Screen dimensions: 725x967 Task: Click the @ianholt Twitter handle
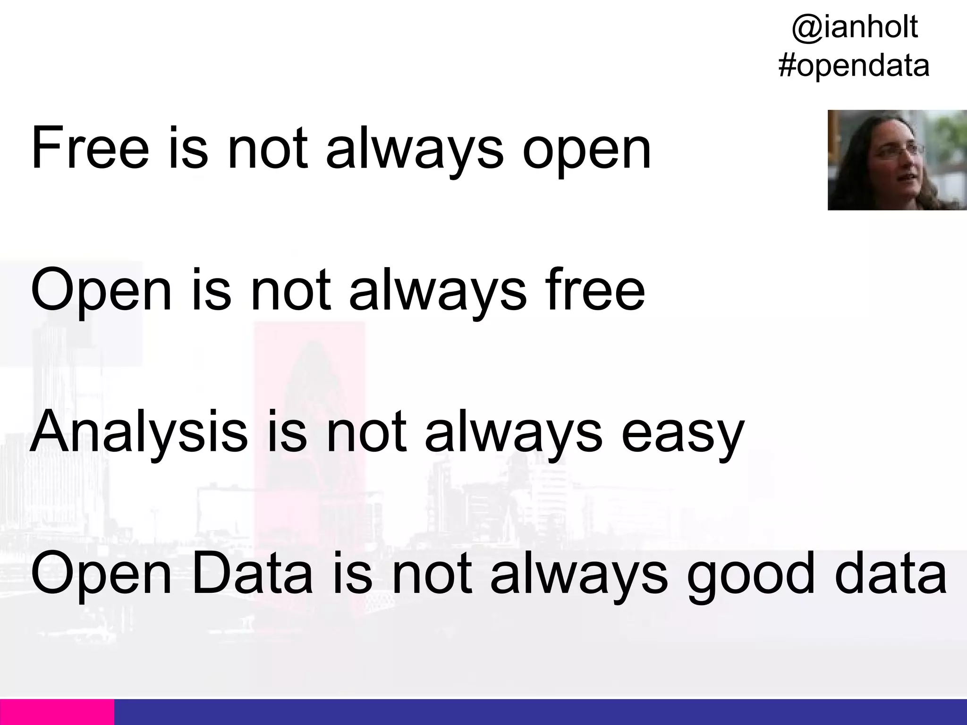(x=854, y=27)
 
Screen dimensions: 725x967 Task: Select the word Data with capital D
(x=253, y=574)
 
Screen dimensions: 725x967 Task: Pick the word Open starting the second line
(x=101, y=292)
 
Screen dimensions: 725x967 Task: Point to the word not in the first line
(x=267, y=148)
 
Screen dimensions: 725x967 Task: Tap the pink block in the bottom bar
(x=57, y=712)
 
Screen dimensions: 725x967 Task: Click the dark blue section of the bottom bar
(x=538, y=712)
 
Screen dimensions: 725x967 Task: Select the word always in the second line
(x=437, y=291)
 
